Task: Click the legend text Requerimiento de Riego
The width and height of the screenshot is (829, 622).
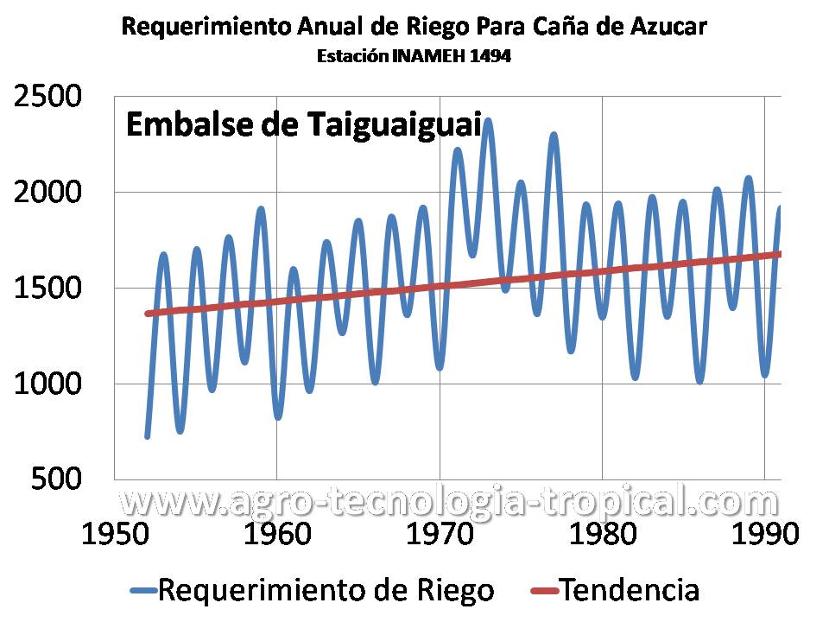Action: click(x=326, y=591)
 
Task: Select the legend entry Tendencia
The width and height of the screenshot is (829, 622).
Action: click(x=629, y=591)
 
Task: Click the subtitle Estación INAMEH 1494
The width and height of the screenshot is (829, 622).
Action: click(x=414, y=57)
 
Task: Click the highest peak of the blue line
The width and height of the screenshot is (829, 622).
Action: click(x=489, y=121)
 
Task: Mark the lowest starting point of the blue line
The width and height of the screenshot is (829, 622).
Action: click(x=148, y=436)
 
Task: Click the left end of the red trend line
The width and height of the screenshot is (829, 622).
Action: click(x=148, y=314)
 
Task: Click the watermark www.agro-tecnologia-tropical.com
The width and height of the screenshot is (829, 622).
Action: click(x=448, y=501)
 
